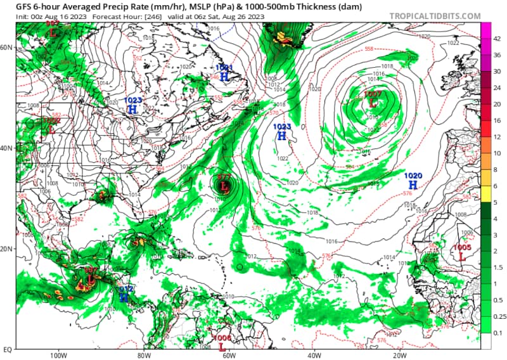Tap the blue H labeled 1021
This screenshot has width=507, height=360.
(x=224, y=76)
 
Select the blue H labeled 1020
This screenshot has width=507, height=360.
(x=413, y=184)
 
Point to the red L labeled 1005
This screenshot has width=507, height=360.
(x=462, y=257)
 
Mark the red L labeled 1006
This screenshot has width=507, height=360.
(x=222, y=346)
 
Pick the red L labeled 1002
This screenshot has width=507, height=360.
(x=51, y=129)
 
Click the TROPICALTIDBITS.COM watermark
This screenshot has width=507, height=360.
(x=444, y=15)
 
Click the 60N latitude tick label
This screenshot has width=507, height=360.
(x=7, y=48)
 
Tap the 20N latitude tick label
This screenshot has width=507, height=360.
(x=7, y=248)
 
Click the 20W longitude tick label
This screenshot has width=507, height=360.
(x=399, y=355)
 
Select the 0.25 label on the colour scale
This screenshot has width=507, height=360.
(x=500, y=316)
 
